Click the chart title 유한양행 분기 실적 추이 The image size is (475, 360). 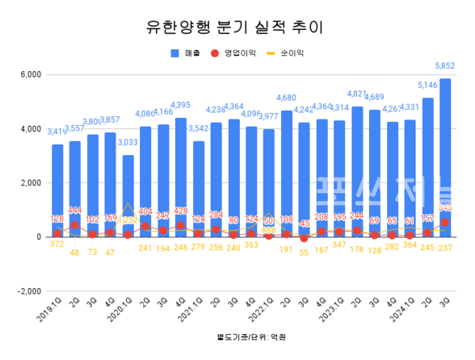point(237,27)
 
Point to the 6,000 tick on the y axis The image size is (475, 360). point(30,75)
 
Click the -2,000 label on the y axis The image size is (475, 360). point(28,290)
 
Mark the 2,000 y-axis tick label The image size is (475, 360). point(30,183)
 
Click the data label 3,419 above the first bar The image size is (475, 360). point(57,131)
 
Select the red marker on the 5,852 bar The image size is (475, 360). point(445,222)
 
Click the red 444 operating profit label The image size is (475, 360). point(75,210)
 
